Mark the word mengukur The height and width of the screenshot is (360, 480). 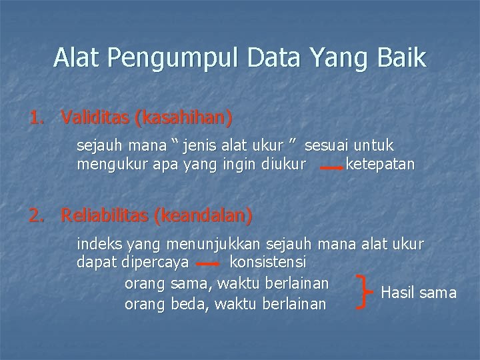(x=107, y=164)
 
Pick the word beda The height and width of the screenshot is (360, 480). (x=189, y=304)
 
